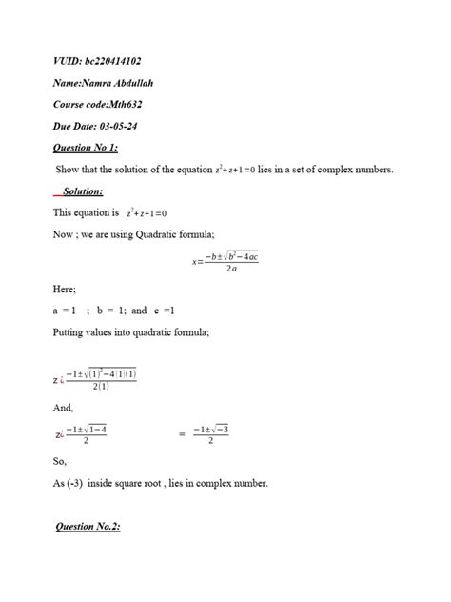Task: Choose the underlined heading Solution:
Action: (x=83, y=191)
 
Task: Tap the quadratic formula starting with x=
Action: (x=224, y=262)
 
